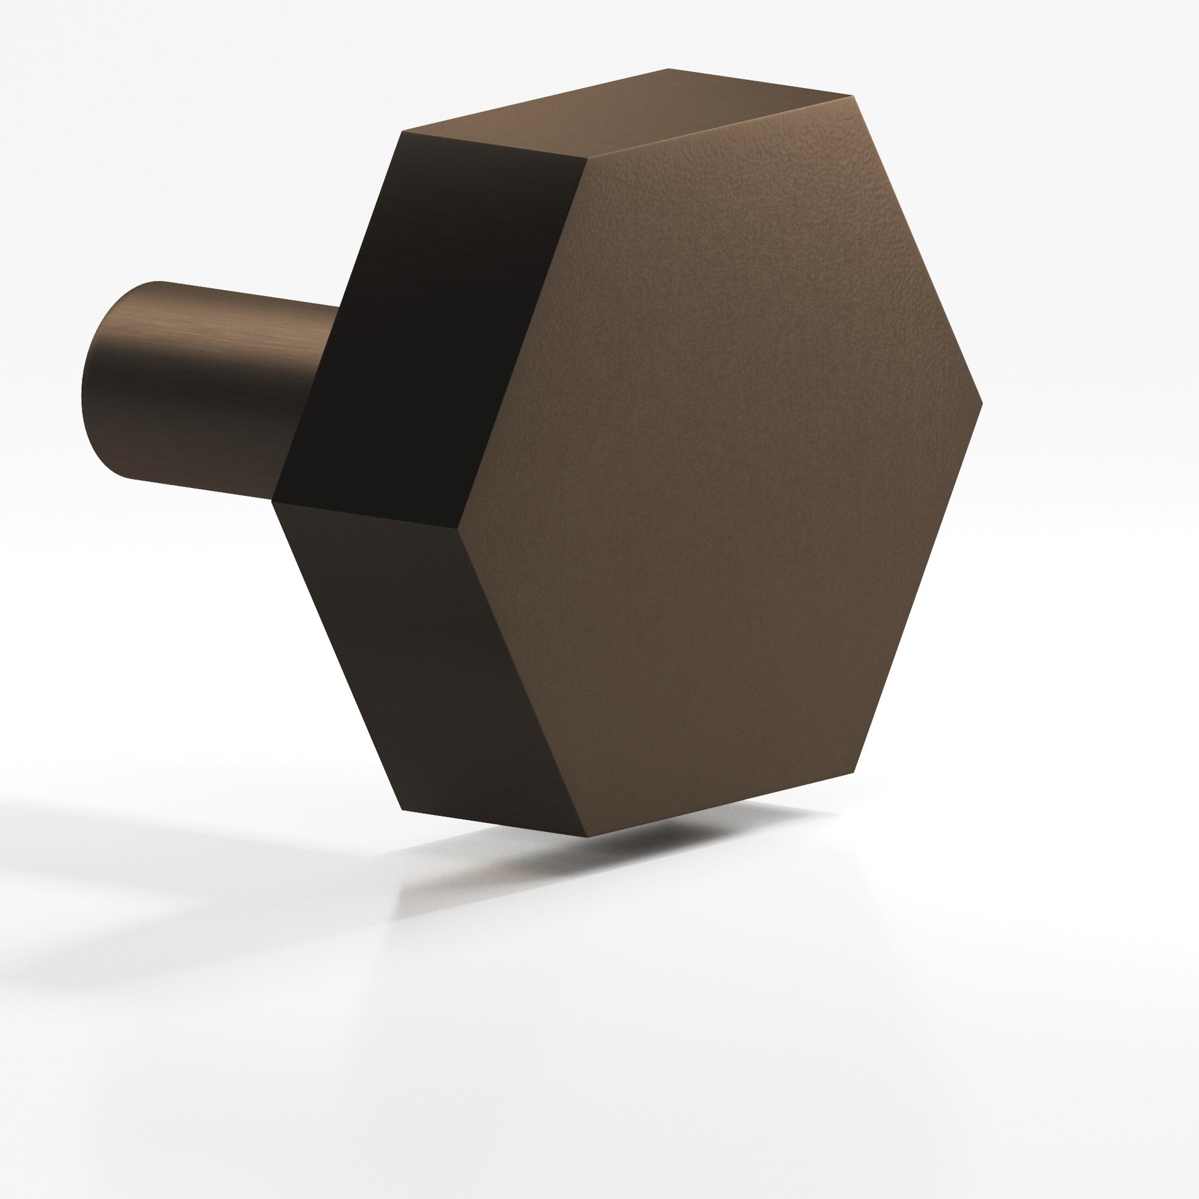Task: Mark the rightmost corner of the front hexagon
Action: (983, 402)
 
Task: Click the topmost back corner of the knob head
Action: (669, 68)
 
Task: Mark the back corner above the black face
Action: (404, 132)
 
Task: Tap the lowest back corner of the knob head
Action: (402, 810)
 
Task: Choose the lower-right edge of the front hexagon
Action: (919, 587)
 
